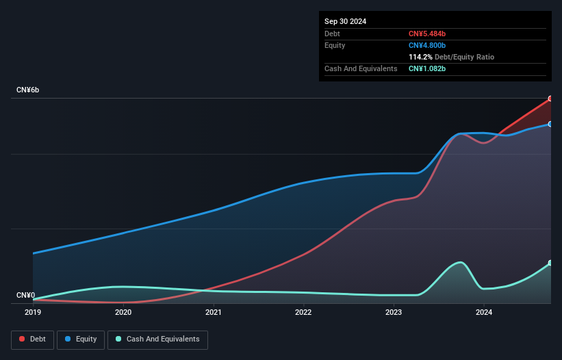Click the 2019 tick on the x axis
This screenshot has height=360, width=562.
[x=33, y=313]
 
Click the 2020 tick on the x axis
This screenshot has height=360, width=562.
[x=123, y=313]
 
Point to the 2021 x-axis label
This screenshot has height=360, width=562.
[x=214, y=313]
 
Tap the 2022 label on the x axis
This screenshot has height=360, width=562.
[x=303, y=313]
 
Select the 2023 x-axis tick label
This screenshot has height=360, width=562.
[x=394, y=313]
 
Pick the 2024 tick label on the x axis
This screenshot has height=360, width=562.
[x=484, y=313]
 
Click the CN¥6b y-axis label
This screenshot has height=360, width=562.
[x=28, y=90]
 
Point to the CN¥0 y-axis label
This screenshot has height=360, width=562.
[x=25, y=296]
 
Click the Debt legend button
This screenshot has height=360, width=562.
[x=32, y=339]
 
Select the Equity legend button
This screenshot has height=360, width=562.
[x=81, y=339]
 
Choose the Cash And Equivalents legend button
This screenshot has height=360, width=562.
[x=157, y=339]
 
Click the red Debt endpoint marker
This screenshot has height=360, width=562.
[x=550, y=99]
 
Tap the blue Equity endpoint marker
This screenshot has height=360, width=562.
[x=550, y=124]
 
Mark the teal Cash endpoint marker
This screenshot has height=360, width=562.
[x=550, y=263]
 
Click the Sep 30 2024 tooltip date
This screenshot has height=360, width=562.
[x=345, y=21]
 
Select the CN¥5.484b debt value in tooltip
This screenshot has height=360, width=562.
[x=427, y=34]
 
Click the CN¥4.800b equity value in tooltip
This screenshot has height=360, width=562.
[x=427, y=45]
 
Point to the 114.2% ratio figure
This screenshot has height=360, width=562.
[x=421, y=57]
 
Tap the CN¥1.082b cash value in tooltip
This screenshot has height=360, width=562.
[x=427, y=68]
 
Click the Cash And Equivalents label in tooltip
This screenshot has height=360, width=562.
[x=361, y=68]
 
